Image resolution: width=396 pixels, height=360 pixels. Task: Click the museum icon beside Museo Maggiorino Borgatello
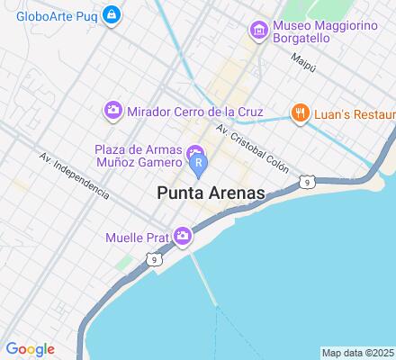coord(258,31)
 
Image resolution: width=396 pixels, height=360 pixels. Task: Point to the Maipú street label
coord(303,61)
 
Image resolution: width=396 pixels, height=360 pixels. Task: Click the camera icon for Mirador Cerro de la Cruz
coord(113,110)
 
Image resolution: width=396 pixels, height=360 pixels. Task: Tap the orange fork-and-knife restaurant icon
coord(299,113)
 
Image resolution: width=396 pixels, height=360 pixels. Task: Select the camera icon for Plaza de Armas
coord(194,148)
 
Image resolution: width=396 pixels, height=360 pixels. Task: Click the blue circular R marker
coord(199,163)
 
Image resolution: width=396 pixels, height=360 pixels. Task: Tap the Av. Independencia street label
coord(74,175)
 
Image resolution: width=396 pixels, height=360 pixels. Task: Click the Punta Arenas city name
coord(211,193)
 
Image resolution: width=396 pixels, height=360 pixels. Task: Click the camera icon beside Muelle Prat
coord(184,237)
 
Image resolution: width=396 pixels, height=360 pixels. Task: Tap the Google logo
coord(30,349)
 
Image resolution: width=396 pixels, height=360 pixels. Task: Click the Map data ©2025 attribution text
coord(358,353)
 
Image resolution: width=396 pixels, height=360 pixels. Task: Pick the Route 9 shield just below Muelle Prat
coord(156,260)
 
